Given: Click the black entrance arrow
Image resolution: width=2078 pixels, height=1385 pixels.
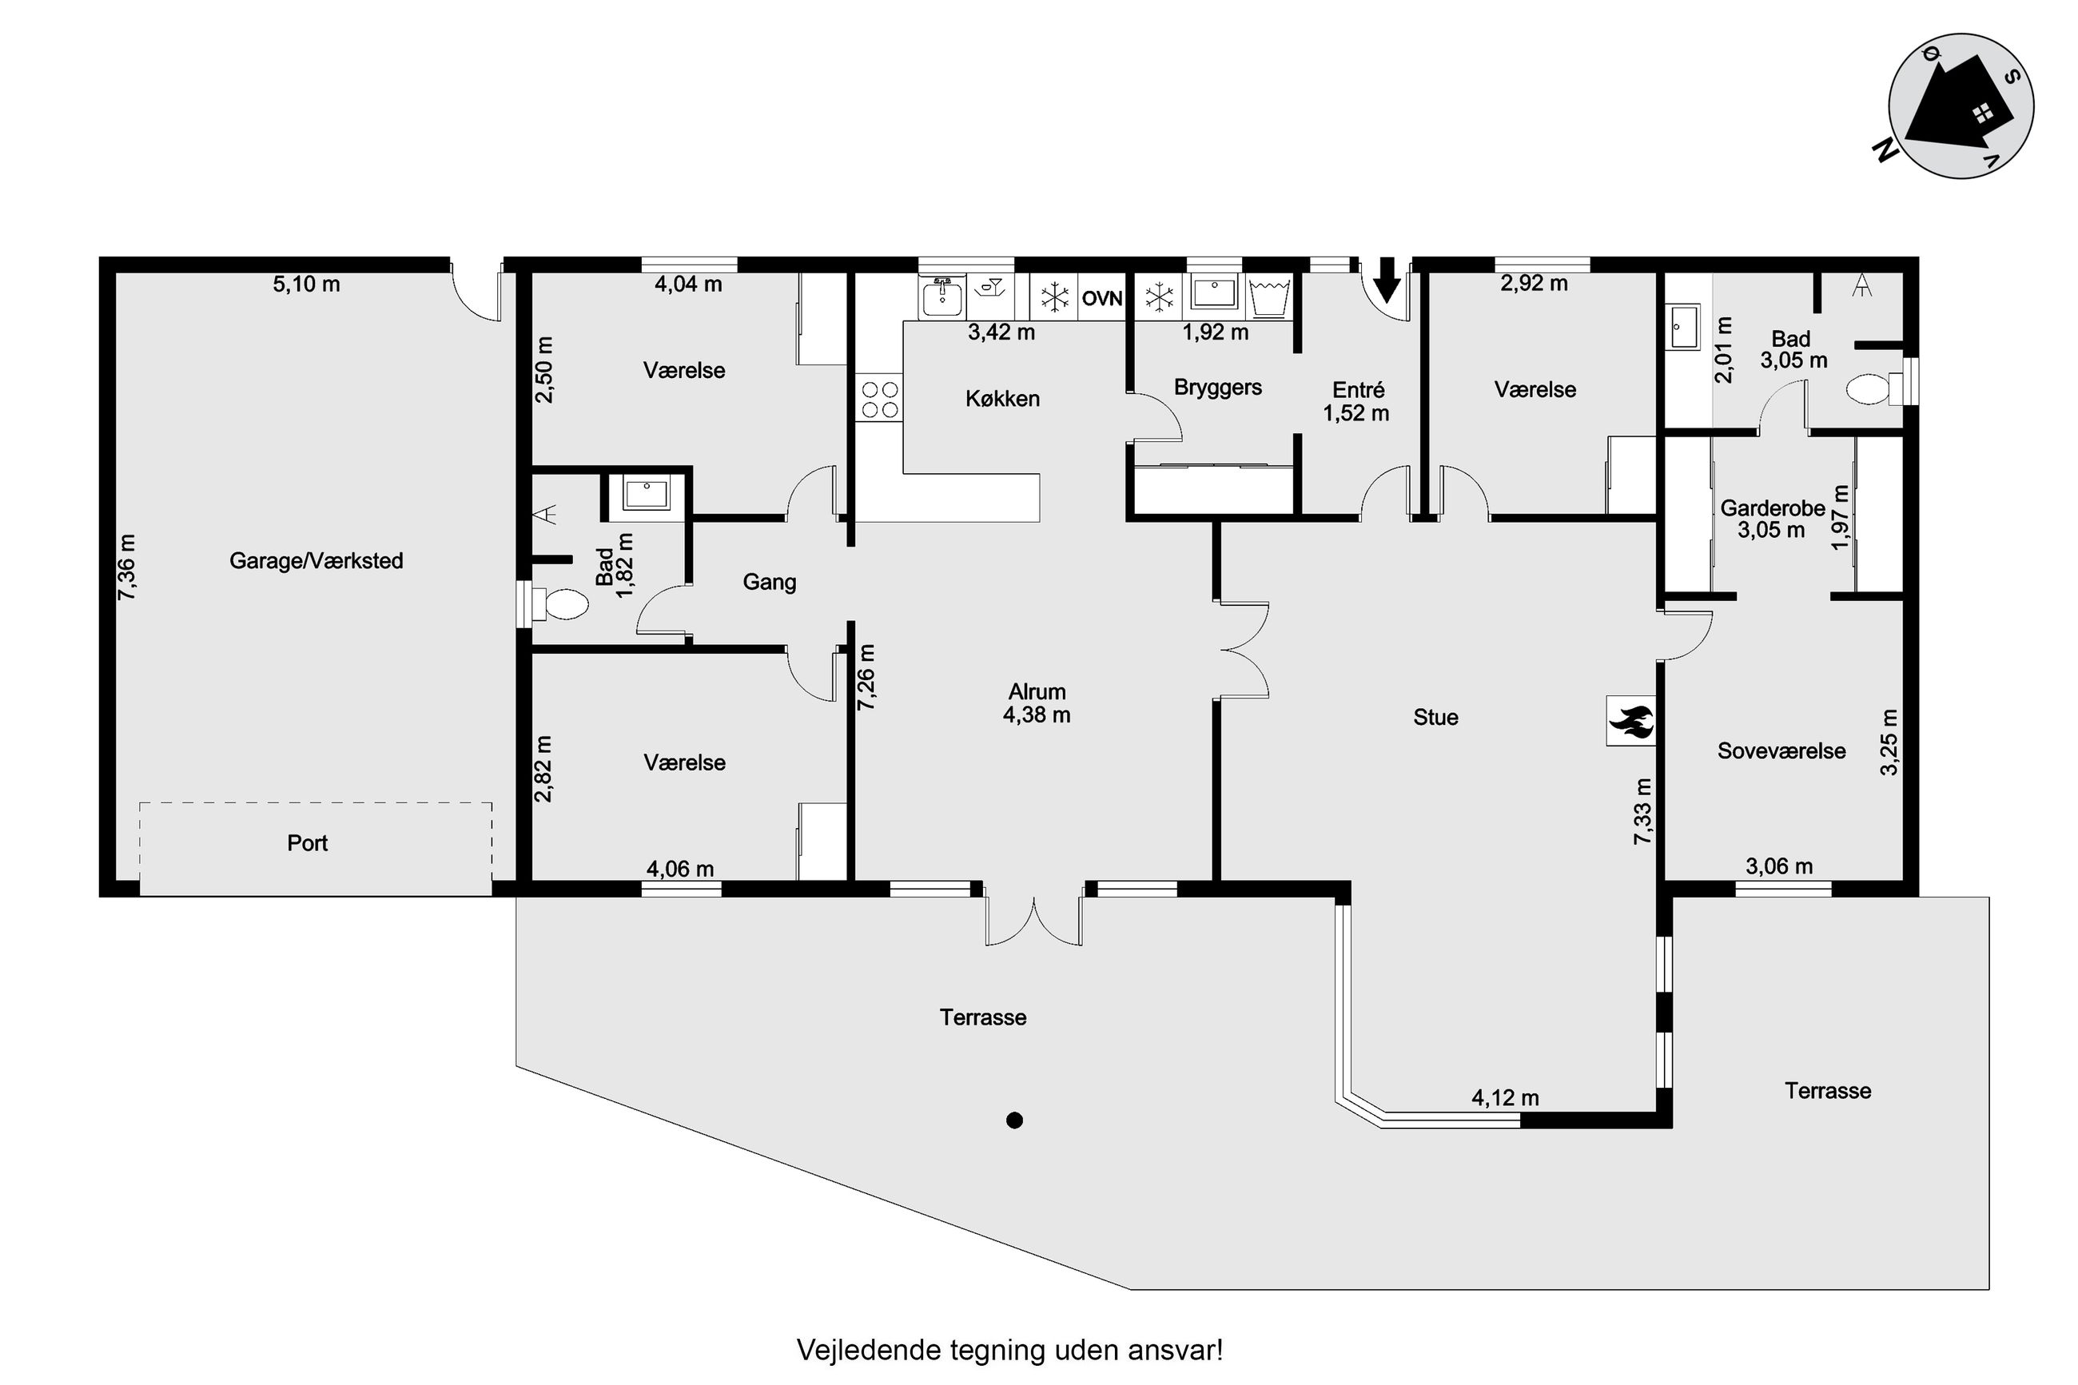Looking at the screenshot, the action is point(1388,280).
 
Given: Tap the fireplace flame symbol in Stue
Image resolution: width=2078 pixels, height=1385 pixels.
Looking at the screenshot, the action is point(1630,721).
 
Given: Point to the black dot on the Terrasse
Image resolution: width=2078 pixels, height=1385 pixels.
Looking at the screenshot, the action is point(1015,1121).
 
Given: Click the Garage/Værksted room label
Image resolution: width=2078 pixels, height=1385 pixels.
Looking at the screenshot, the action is point(316,561).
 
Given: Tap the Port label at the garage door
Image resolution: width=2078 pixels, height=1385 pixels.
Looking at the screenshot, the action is point(308,843).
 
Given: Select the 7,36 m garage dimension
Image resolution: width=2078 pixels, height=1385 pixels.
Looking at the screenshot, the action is point(128,568).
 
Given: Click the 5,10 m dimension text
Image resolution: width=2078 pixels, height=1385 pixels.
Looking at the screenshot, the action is point(306,285).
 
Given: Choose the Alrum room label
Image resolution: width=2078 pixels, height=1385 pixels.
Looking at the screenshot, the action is point(1037,691).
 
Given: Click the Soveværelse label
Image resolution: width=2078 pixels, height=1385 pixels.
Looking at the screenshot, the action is point(1781,752).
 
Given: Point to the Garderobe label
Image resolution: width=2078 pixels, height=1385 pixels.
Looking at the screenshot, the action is point(1773,509).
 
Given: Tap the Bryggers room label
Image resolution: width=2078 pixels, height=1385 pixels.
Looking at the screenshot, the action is point(1218,388).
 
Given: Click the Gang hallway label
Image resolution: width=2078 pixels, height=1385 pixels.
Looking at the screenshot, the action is point(769,582).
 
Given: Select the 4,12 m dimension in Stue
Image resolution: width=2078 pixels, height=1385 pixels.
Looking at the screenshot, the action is point(1505,1098).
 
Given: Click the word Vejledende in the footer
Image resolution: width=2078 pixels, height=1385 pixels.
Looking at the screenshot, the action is point(868,1350).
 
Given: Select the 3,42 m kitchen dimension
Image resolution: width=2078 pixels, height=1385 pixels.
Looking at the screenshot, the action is point(1001,333).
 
